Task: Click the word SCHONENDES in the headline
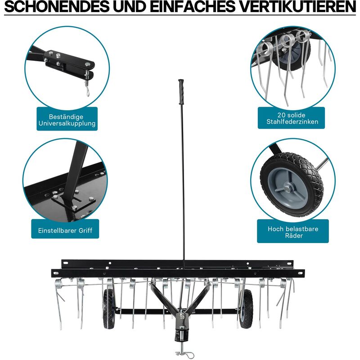[57, 7]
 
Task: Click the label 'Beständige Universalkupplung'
[67, 120]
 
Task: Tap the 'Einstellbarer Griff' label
[65, 230]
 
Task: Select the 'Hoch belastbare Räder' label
[293, 232]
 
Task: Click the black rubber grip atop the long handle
[181, 92]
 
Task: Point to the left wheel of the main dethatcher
[108, 309]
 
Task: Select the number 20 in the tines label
[281, 115]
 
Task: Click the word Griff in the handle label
[85, 230]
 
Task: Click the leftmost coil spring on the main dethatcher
[58, 283]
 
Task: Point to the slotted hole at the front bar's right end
[300, 273]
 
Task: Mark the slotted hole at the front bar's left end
[55, 273]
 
